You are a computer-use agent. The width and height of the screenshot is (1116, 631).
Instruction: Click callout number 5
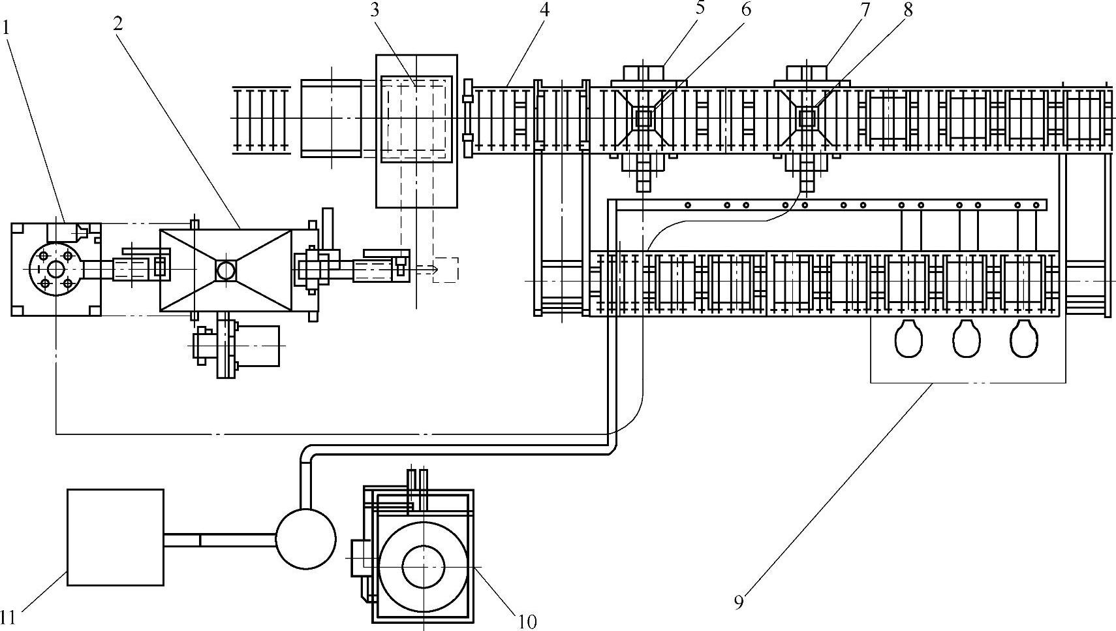[701, 8]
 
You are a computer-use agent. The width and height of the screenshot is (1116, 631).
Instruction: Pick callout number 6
[745, 10]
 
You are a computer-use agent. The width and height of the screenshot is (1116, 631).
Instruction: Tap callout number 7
[865, 10]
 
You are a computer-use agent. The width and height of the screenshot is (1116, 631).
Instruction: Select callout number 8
[908, 10]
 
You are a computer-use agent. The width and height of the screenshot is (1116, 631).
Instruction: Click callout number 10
[527, 621]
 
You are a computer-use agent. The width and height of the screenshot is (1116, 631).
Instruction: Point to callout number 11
[8, 618]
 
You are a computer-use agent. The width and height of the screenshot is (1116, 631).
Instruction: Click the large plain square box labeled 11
[116, 537]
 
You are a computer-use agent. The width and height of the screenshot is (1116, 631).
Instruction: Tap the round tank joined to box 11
[306, 539]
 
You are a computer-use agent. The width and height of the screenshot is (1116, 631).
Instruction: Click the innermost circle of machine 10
[423, 567]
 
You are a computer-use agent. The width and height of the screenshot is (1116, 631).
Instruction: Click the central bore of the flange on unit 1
[56, 269]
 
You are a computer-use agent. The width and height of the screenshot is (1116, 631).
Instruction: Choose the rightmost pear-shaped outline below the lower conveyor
[1024, 338]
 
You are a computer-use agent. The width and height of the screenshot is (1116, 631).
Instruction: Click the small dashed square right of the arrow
[445, 270]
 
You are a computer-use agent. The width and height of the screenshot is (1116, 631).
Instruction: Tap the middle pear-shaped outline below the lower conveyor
[967, 338]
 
